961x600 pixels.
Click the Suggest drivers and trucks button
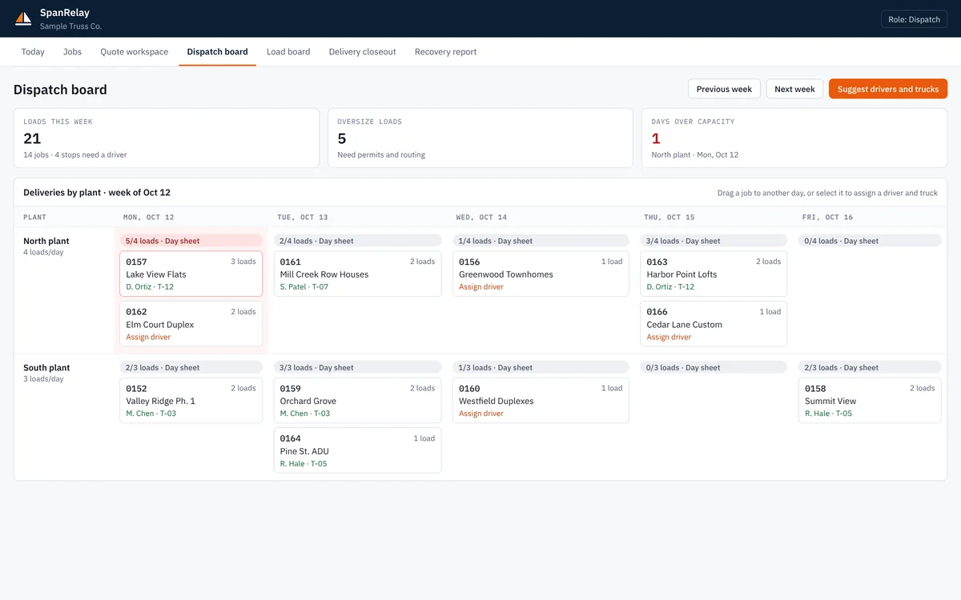point(887,89)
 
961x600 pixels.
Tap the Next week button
point(794,89)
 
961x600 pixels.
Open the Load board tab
point(288,51)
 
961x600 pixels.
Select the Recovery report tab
point(445,51)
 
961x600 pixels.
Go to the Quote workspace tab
point(135,51)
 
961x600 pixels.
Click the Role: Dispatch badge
point(914,19)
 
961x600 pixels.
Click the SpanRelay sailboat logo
point(23,18)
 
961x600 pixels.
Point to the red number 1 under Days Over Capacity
point(656,138)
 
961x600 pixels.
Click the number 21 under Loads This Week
point(32,138)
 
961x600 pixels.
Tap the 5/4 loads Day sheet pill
point(191,241)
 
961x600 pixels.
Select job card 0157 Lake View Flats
point(191,274)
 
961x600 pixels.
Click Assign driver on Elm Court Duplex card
point(148,337)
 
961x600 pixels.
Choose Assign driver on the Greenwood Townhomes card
point(481,286)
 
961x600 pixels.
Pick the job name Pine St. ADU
point(304,451)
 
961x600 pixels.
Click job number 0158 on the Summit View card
point(815,389)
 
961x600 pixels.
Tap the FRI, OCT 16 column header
point(827,218)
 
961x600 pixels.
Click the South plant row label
point(46,368)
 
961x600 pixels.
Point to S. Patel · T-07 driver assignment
point(304,286)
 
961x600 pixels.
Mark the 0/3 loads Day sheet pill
point(714,367)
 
